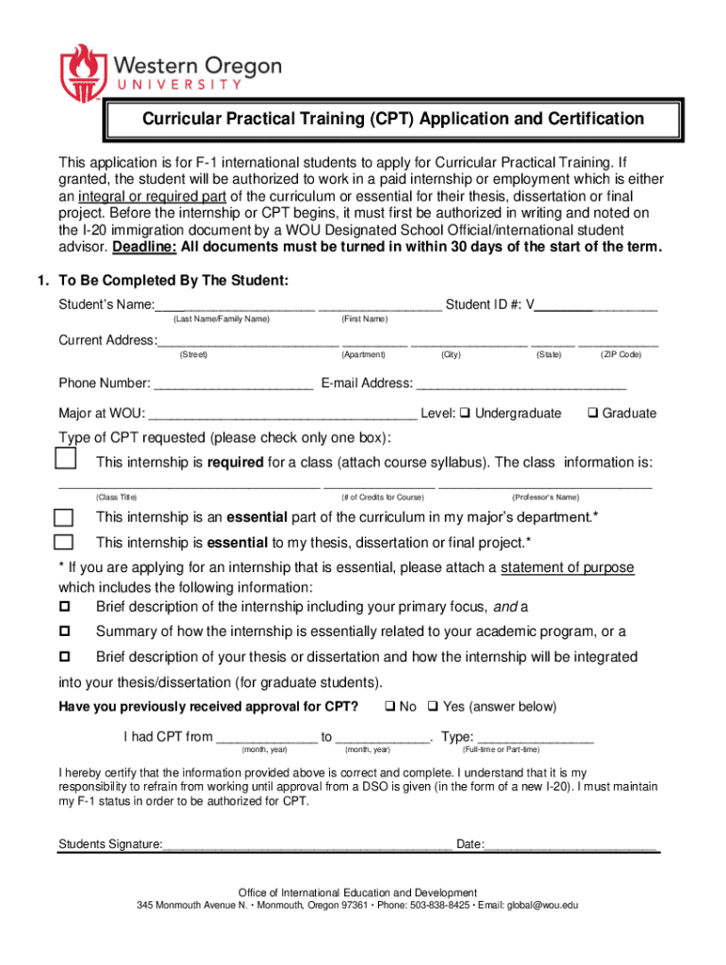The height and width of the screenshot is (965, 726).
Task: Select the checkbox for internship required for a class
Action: [x=65, y=460]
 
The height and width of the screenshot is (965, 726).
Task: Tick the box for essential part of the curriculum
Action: [x=64, y=517]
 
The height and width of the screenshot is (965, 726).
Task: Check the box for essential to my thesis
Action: [x=64, y=542]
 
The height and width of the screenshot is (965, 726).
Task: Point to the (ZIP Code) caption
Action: [x=620, y=354]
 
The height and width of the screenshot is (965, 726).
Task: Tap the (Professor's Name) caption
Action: [x=545, y=497]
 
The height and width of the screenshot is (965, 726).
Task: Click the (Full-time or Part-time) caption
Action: [x=501, y=749]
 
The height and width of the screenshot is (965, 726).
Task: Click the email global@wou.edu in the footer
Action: [x=542, y=906]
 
